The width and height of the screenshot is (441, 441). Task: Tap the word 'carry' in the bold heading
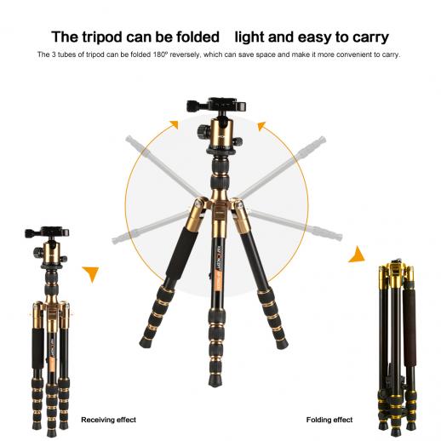tap(370, 37)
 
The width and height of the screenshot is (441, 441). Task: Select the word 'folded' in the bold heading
tap(198, 37)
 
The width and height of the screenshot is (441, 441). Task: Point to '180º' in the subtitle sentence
tap(160, 54)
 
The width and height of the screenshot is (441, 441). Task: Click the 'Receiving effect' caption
tap(108, 420)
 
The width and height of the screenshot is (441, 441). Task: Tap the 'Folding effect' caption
tap(329, 420)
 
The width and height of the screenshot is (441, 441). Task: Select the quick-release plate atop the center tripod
tap(216, 105)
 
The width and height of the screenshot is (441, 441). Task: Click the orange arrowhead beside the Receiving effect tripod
tap(91, 273)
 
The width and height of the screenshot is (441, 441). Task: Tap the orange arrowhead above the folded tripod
tap(357, 255)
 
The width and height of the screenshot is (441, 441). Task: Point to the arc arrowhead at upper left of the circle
tap(174, 125)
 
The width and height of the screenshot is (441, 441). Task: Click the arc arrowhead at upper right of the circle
tap(261, 126)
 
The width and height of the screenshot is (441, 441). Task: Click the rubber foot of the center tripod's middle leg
tap(215, 381)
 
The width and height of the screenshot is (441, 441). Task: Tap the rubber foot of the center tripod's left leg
tap(146, 342)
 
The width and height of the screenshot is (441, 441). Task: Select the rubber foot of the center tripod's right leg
tap(282, 344)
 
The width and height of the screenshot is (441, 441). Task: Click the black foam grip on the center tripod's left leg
tap(181, 254)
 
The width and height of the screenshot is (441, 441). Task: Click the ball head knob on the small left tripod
tap(37, 252)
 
